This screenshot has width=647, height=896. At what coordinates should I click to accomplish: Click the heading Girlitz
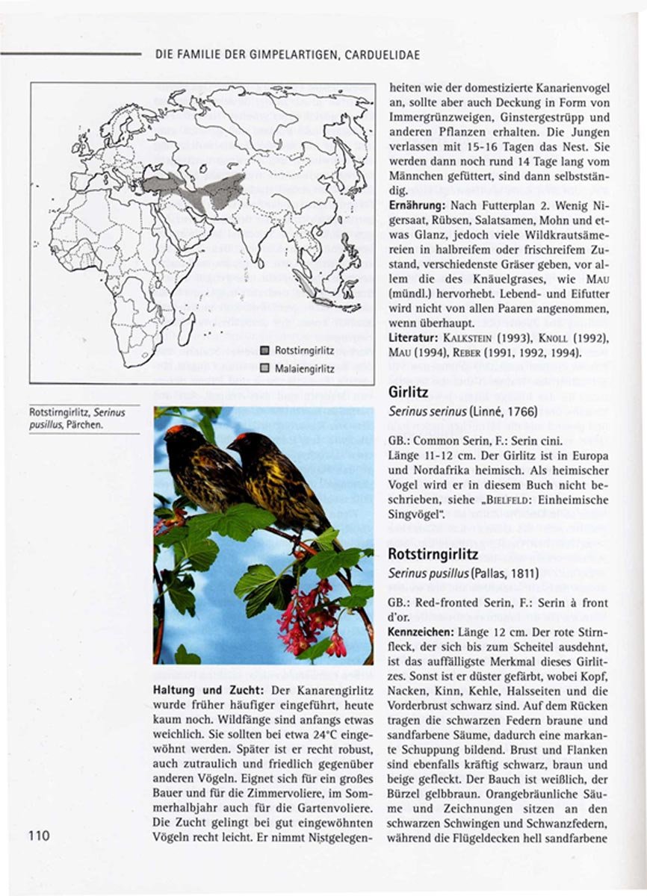click(408, 393)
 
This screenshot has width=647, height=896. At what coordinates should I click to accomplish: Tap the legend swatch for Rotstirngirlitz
click(264, 350)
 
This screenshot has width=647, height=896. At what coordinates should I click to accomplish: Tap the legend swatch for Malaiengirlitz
click(264, 369)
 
